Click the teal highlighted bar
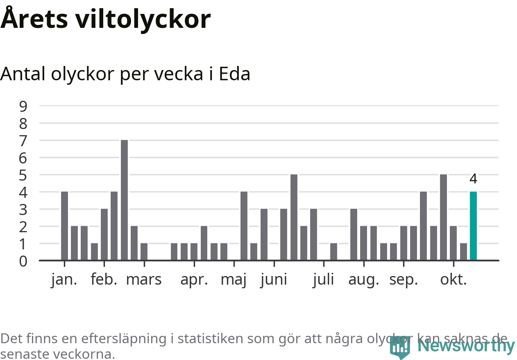(x=473, y=226)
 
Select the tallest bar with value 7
(x=124, y=200)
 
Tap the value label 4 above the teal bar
(x=473, y=179)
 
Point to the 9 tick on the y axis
(x=23, y=106)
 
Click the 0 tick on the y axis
(x=23, y=261)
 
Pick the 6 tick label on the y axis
(x=23, y=158)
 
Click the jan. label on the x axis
(x=64, y=280)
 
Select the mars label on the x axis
(x=144, y=280)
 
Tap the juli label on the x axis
(x=324, y=280)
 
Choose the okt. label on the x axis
(x=454, y=280)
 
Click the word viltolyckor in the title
(x=143, y=19)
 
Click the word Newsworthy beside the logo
(x=466, y=346)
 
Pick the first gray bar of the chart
(x=64, y=226)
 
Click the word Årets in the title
(x=34, y=19)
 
